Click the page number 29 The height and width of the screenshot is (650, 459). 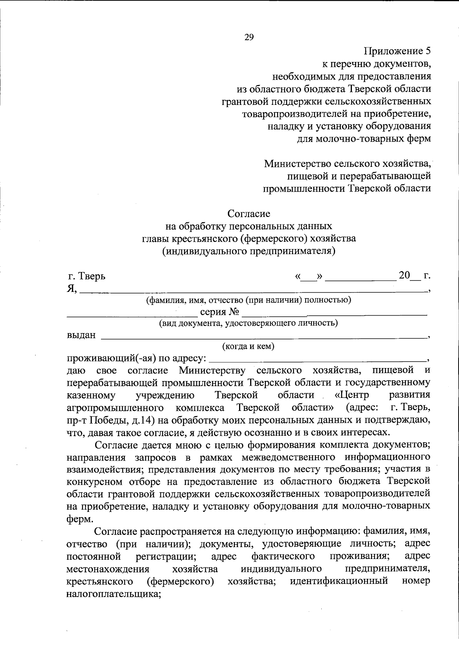[249, 37]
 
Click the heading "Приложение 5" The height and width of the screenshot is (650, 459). [397, 51]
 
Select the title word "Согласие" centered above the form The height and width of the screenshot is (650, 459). [249, 213]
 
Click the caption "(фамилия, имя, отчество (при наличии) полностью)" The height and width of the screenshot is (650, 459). [249, 300]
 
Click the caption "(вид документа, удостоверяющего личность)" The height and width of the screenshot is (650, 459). [248, 323]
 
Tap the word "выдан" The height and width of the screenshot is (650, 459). [81, 336]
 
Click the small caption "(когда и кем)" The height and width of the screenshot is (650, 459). [248, 347]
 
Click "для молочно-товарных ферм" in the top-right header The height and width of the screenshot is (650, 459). [364, 138]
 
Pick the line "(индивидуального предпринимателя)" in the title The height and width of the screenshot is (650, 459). [249, 251]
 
